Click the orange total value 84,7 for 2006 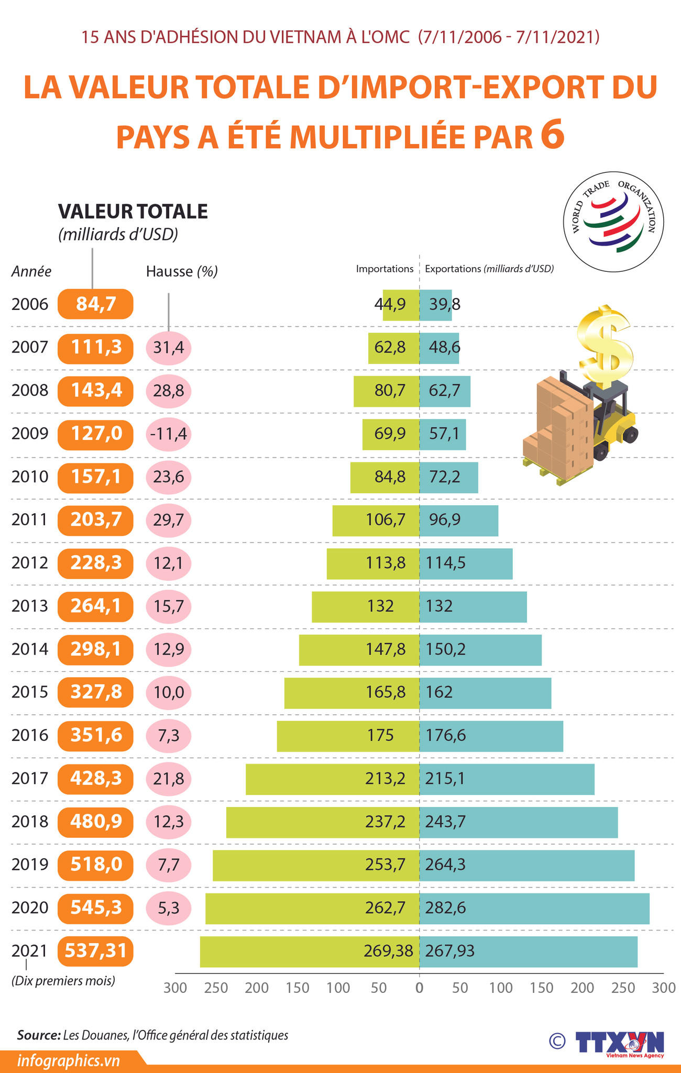pyautogui.click(x=95, y=304)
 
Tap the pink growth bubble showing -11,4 pyautogui.click(x=169, y=434)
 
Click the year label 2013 pyautogui.click(x=29, y=606)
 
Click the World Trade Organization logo pyautogui.click(x=613, y=222)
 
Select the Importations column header pyautogui.click(x=385, y=269)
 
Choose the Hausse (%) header pyautogui.click(x=182, y=271)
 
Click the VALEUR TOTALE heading pyautogui.click(x=133, y=211)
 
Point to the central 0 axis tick pyautogui.click(x=419, y=988)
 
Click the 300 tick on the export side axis pyautogui.click(x=664, y=988)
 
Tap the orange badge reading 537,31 pyautogui.click(x=95, y=950)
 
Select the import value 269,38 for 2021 pyautogui.click(x=388, y=950)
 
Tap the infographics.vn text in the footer pyautogui.click(x=69, y=1061)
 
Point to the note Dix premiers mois pyautogui.click(x=63, y=980)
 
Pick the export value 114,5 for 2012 pyautogui.click(x=446, y=563)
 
